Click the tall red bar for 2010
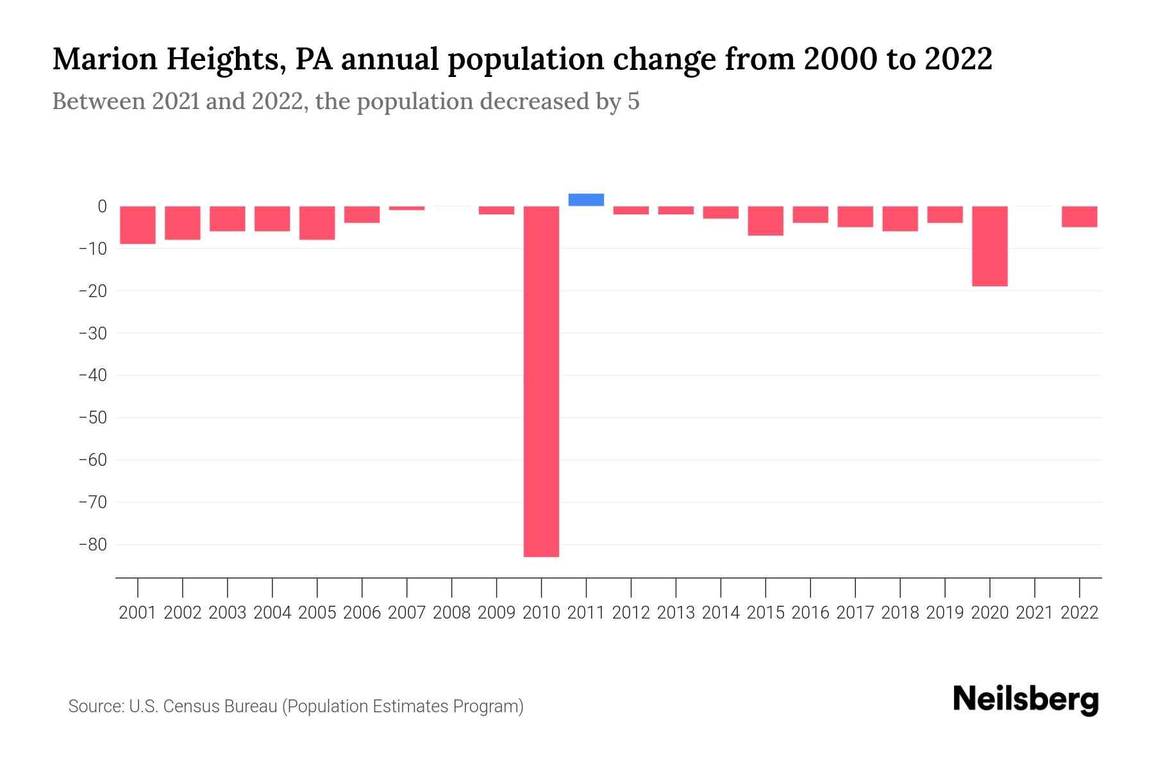pyautogui.click(x=541, y=381)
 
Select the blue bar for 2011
pyautogui.click(x=586, y=200)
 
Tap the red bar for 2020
pyautogui.click(x=990, y=246)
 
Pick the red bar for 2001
pyautogui.click(x=138, y=225)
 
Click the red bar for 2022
pyautogui.click(x=1080, y=217)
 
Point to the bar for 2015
pyautogui.click(x=765, y=221)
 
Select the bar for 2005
pyautogui.click(x=317, y=223)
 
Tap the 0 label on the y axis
pyautogui.click(x=102, y=206)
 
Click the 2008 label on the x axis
pyautogui.click(x=452, y=613)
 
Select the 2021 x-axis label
pyautogui.click(x=1035, y=613)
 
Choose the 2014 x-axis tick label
pyautogui.click(x=721, y=613)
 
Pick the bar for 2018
pyautogui.click(x=900, y=219)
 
